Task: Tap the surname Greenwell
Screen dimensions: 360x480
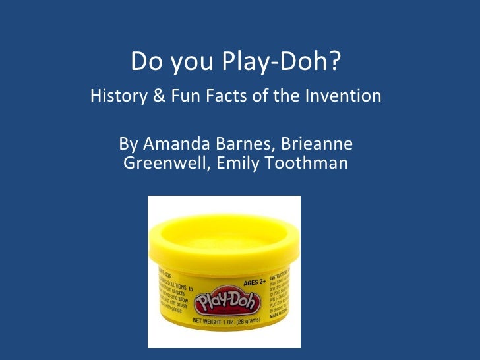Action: pos(165,163)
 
